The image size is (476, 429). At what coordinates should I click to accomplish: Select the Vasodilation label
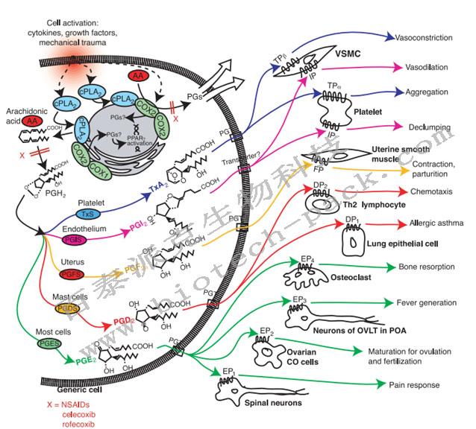click(421, 67)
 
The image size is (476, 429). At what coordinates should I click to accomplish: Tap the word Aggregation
click(419, 92)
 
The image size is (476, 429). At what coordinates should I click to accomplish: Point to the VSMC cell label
click(353, 53)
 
